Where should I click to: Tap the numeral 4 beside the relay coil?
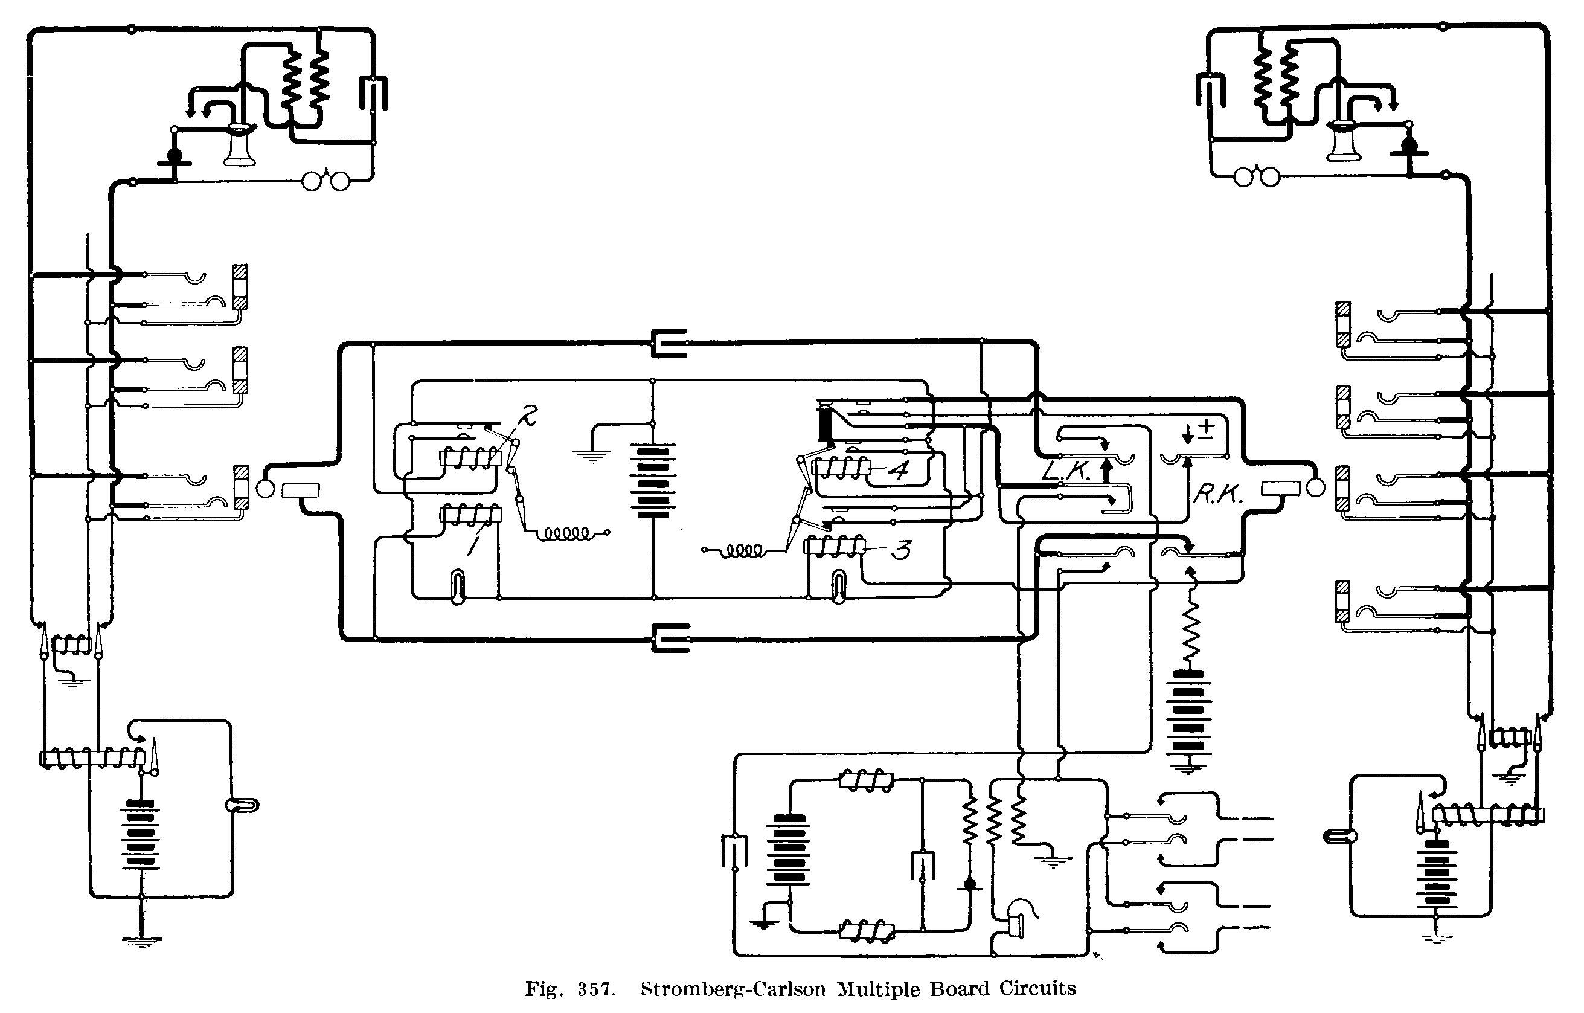point(899,470)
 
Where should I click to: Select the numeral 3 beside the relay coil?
point(901,549)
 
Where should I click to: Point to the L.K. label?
point(1066,470)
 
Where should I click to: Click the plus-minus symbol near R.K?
point(1207,429)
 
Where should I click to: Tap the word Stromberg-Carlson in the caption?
point(733,989)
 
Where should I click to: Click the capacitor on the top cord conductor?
point(670,342)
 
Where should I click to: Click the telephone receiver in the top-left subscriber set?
point(239,146)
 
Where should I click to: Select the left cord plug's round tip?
point(265,489)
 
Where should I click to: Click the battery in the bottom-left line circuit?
point(140,834)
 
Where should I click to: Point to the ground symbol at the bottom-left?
point(141,941)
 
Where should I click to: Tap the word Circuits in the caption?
point(1038,989)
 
